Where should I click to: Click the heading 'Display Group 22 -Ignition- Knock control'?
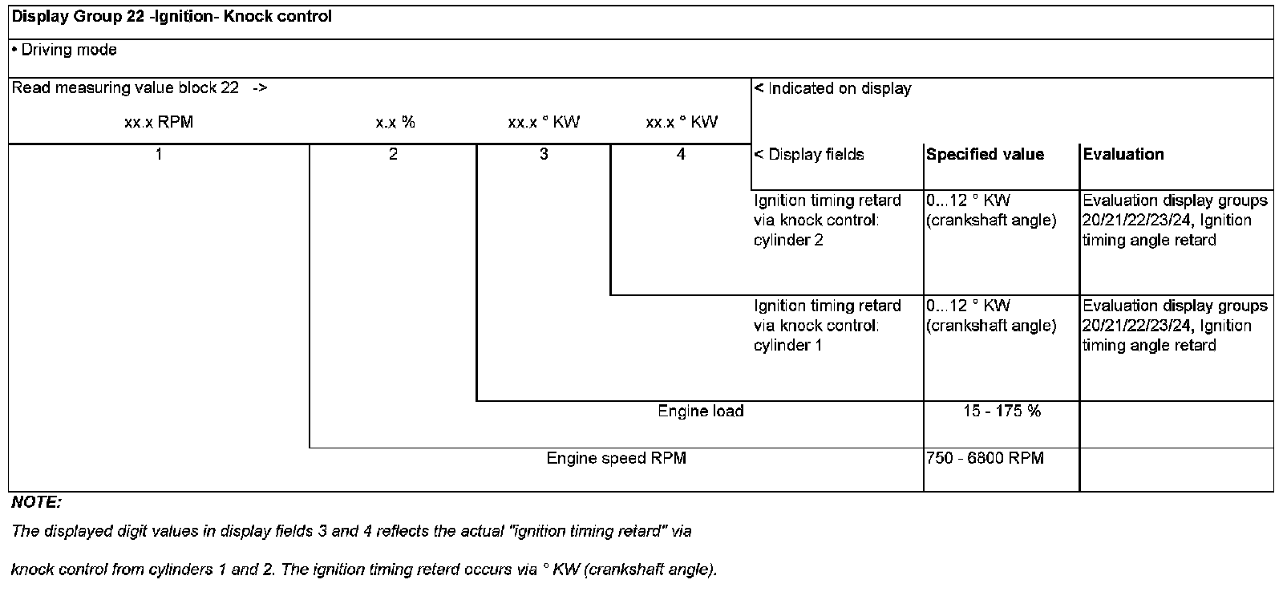click(x=172, y=17)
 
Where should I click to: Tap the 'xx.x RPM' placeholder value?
click(x=159, y=123)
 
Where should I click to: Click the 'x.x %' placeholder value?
click(x=395, y=123)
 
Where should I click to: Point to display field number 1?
click(x=159, y=155)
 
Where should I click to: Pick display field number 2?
click(x=393, y=155)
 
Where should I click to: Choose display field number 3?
click(x=544, y=155)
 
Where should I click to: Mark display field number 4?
click(x=681, y=155)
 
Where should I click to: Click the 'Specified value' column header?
click(x=985, y=155)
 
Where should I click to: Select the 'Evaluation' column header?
click(x=1123, y=155)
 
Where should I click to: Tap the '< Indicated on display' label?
click(x=832, y=89)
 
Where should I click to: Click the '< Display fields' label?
click(x=809, y=155)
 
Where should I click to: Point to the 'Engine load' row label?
click(x=700, y=412)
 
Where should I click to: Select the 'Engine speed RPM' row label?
click(x=616, y=459)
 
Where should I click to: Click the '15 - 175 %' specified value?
click(x=1002, y=412)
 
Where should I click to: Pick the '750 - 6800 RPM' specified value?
click(x=985, y=459)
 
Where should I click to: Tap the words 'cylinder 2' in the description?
click(x=788, y=240)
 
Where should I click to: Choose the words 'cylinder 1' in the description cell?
click(x=788, y=346)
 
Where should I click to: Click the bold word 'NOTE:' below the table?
click(x=36, y=503)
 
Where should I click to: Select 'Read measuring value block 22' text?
click(x=125, y=88)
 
